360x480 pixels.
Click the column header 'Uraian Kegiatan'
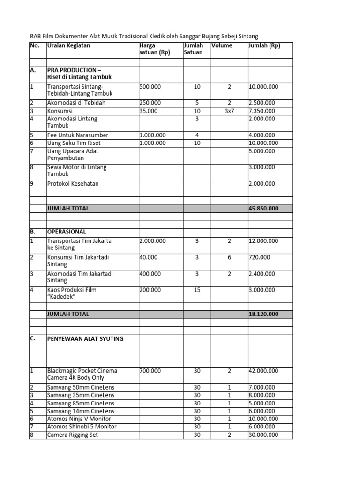(x=68, y=46)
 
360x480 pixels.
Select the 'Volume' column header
(x=222, y=46)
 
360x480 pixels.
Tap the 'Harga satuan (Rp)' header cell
(x=155, y=49)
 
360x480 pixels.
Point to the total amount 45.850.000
(x=263, y=208)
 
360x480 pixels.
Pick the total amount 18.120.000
(x=263, y=314)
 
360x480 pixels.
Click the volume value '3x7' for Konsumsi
(x=229, y=111)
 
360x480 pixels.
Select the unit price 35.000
(x=149, y=111)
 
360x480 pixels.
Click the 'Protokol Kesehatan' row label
(x=73, y=184)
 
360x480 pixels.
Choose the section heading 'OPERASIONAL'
(x=66, y=232)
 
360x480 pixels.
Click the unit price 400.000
(x=150, y=274)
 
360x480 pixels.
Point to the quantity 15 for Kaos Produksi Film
(x=197, y=290)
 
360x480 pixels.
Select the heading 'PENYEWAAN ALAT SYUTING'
(x=85, y=338)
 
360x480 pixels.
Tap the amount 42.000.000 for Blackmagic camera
(x=263, y=371)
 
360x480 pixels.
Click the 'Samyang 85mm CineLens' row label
(x=81, y=403)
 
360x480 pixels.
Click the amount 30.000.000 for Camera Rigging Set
(x=263, y=435)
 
